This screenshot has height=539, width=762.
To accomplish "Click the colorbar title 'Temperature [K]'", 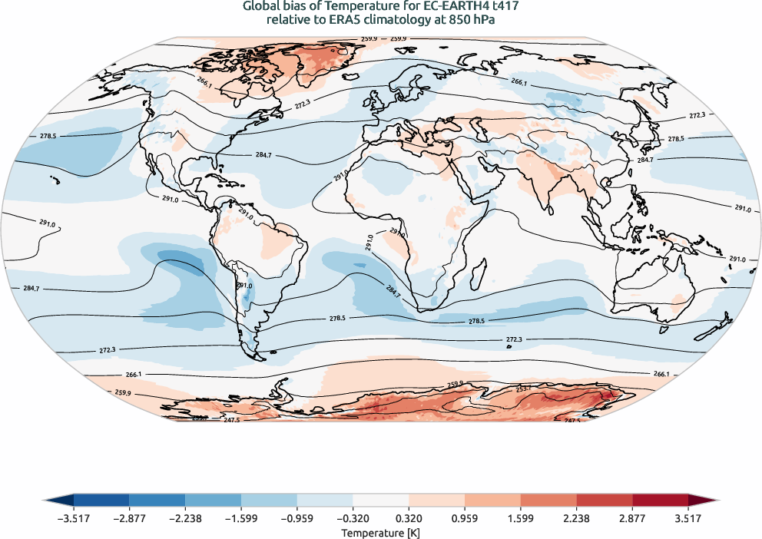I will pyautogui.click(x=381, y=532).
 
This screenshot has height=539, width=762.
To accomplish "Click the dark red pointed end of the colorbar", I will pyautogui.click(x=704, y=501).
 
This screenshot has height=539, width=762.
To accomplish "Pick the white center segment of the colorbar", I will pyautogui.click(x=381, y=501).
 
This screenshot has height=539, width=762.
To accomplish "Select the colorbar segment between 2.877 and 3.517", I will pyautogui.click(x=661, y=501).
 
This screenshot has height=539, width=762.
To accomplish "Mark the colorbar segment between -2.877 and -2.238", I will pyautogui.click(x=157, y=501).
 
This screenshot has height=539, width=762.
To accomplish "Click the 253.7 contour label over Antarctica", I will pyautogui.click(x=525, y=389).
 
